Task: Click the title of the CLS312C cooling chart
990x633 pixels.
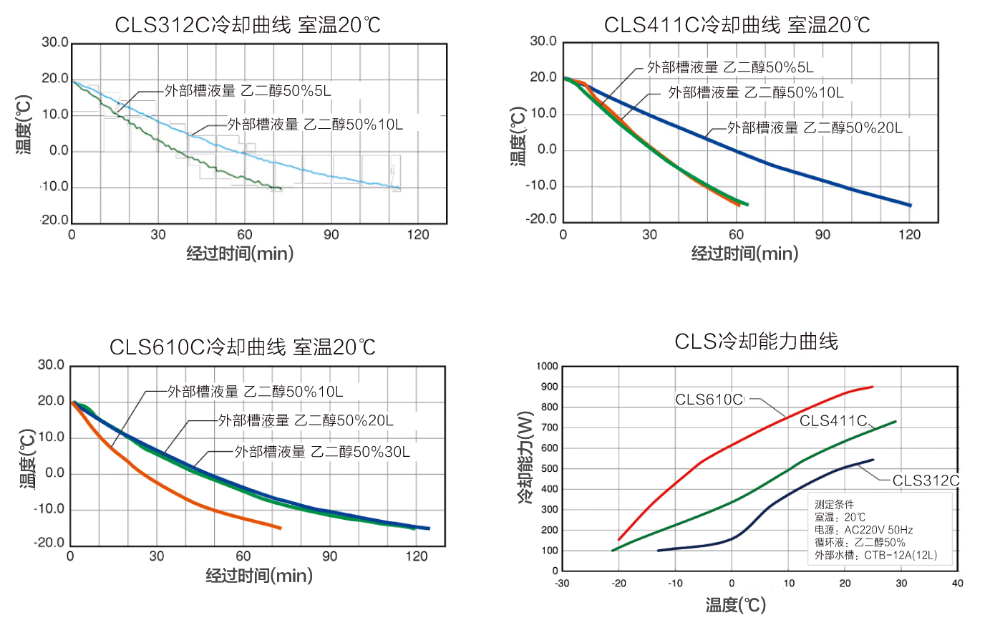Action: tap(248, 25)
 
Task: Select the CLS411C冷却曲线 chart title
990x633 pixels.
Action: tap(737, 25)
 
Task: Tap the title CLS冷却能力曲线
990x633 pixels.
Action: tap(756, 342)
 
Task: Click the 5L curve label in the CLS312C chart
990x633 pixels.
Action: tap(248, 91)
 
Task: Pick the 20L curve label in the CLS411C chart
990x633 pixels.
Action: tap(815, 127)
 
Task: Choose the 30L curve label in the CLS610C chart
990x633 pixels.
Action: tap(322, 452)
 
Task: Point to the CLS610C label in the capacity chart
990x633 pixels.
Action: tap(709, 400)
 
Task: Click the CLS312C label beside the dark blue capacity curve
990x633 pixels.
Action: tap(926, 480)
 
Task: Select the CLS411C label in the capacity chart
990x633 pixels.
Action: tap(833, 421)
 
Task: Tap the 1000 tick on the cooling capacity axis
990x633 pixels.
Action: tap(548, 367)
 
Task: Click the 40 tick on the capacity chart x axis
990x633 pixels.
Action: tap(957, 583)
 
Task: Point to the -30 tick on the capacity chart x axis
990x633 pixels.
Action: tap(562, 583)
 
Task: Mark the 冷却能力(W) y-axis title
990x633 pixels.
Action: tap(525, 458)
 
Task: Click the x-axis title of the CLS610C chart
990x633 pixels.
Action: tap(259, 575)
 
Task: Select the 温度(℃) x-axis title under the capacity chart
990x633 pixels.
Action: tap(735, 605)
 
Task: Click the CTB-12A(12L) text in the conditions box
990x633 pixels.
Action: tap(900, 555)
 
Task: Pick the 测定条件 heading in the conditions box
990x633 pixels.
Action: tap(834, 505)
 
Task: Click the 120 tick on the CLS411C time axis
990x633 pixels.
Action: tap(909, 235)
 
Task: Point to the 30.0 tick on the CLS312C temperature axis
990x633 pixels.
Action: tap(55, 42)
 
